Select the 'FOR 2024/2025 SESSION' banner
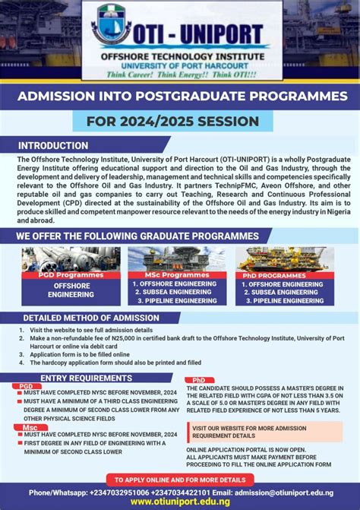pos(178,120)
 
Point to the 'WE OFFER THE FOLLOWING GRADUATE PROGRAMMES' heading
pos(137,236)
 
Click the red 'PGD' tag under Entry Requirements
pos(27,386)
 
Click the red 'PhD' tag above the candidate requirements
pos(199,380)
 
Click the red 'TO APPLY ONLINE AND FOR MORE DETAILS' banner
pos(180,480)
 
